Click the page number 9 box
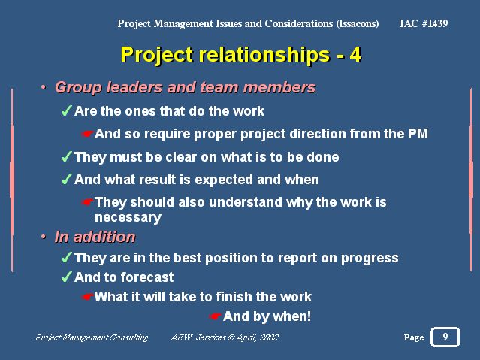445,337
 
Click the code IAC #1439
424,23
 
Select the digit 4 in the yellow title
355,55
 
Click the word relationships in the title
264,56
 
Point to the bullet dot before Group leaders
44,88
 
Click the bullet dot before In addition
44,237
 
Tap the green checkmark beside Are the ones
66,110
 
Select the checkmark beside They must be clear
66,156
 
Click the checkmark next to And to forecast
66,277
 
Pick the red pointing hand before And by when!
215,316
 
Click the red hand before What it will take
88,297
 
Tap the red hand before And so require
88,134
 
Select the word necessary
128,217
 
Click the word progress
370,259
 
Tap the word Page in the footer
414,337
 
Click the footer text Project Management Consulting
92,337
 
